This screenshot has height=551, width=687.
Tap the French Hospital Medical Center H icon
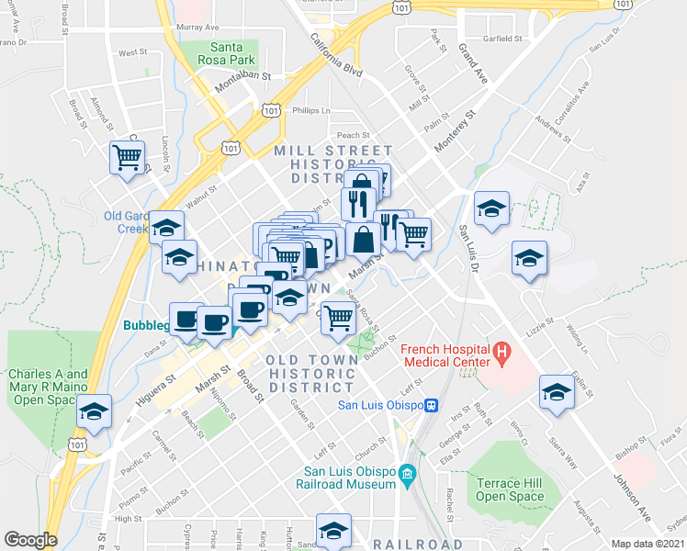point(501,352)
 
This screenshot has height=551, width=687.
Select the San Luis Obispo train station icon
point(430,405)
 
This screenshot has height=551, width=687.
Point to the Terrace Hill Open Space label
point(510,489)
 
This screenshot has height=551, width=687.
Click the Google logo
point(30,540)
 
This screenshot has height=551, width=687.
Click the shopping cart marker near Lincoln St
point(128,157)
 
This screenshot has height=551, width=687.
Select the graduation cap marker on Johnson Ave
point(557,391)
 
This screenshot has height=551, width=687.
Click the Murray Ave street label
point(200,28)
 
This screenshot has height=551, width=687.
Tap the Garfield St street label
point(503,39)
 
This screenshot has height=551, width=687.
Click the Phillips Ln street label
point(310,110)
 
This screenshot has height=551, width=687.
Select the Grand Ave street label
point(474,61)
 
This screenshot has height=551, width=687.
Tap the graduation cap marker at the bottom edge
point(333,531)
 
